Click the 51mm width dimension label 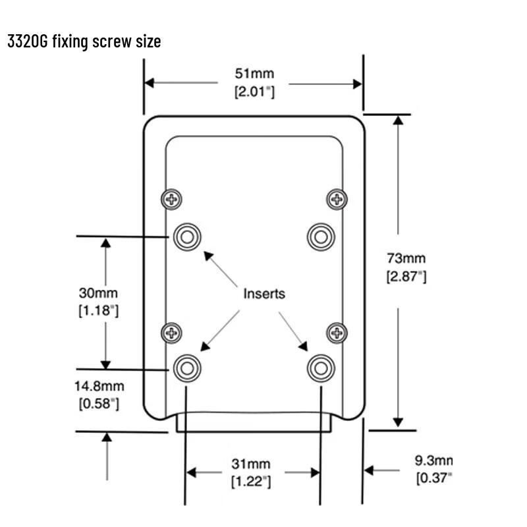(254, 73)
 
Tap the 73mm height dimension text (406, 258)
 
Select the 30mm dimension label (98, 293)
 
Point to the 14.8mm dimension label (99, 386)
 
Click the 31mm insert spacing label (251, 464)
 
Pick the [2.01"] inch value (254, 92)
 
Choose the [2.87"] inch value (406, 277)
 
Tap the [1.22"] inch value (251, 482)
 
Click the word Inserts (264, 294)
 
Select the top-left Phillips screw (172, 200)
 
